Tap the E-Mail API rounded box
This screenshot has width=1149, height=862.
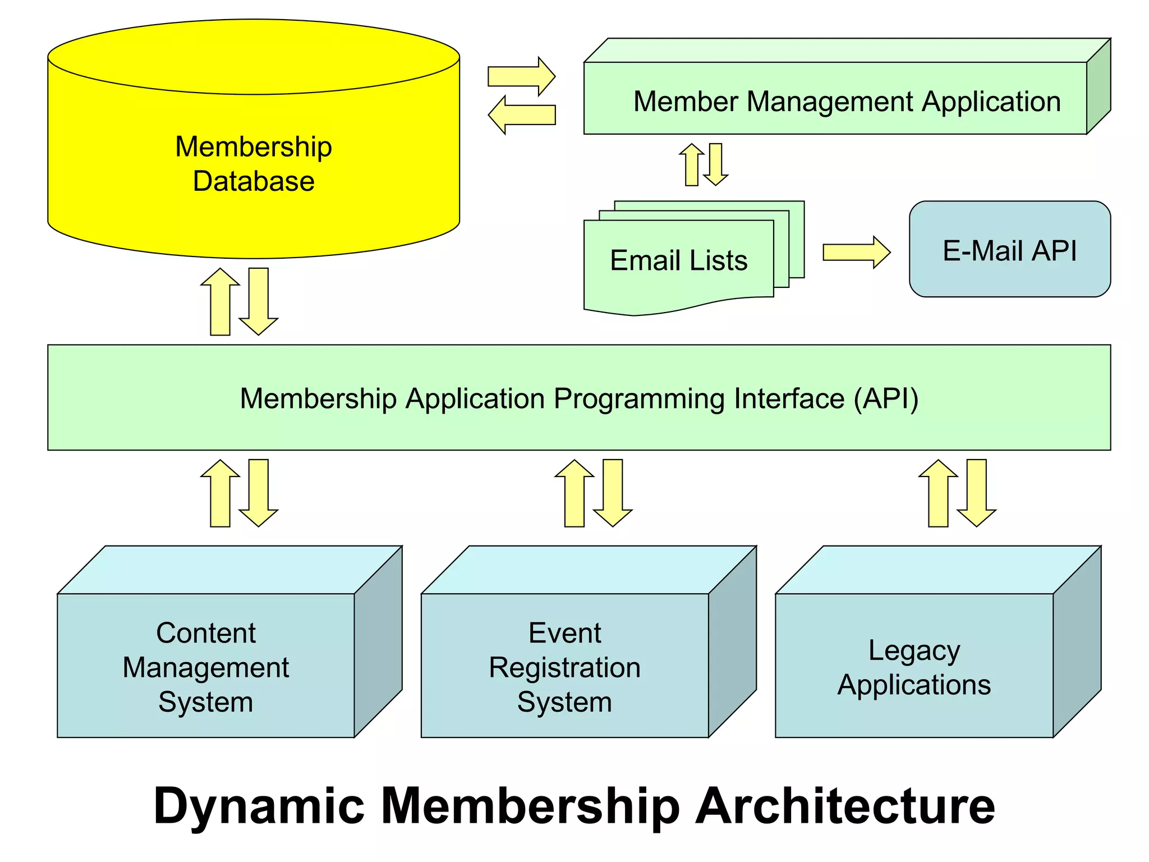pyautogui.click(x=1009, y=249)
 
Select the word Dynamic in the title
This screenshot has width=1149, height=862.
pyautogui.click(x=259, y=806)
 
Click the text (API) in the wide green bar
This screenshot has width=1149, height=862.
pyautogui.click(x=886, y=399)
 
